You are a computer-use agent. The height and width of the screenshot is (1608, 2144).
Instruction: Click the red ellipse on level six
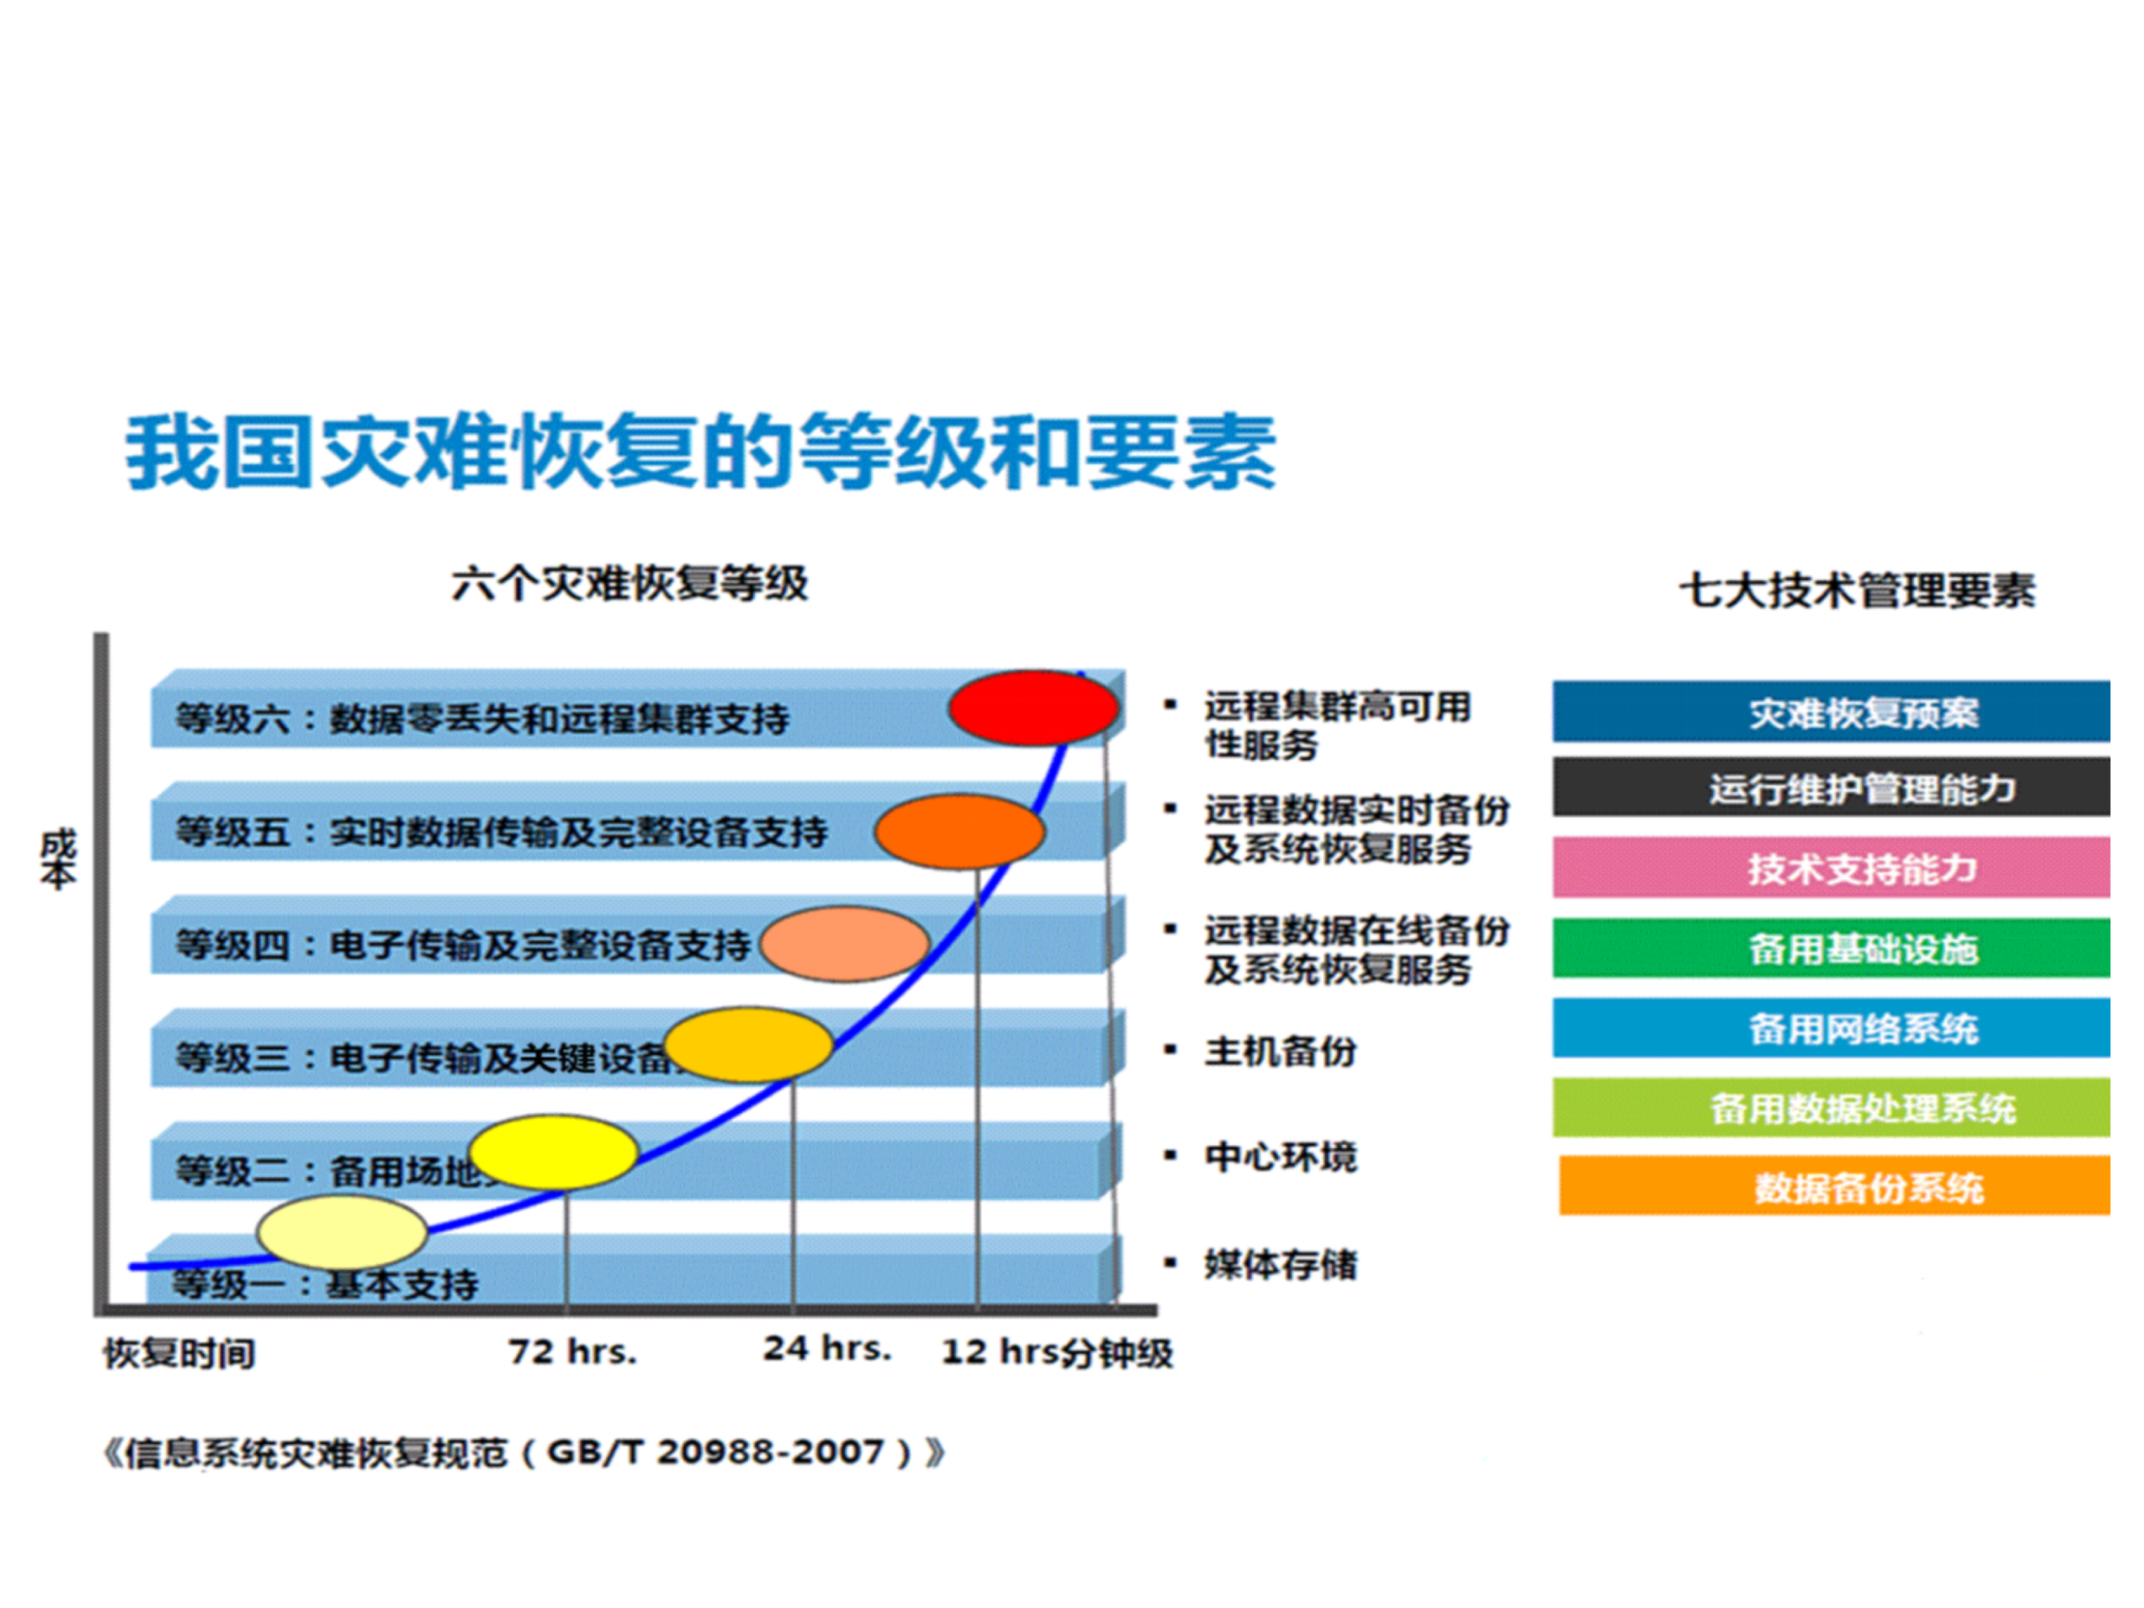point(1033,707)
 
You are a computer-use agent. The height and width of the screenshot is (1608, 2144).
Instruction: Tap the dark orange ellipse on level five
point(960,831)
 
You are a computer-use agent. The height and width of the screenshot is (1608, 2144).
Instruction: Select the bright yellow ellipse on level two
point(553,1152)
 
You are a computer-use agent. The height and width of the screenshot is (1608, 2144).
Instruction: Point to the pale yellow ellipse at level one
point(342,1231)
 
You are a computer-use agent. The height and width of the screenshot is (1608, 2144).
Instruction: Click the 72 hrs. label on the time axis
point(572,1351)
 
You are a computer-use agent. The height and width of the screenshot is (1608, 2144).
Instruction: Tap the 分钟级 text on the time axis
point(1116,1352)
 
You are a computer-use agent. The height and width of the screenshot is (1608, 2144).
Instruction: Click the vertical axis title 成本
point(57,859)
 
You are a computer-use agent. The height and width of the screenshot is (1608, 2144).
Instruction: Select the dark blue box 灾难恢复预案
point(1830,712)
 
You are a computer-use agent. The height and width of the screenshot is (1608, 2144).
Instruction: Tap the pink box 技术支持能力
point(1830,867)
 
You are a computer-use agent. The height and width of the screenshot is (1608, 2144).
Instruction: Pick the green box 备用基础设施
point(1830,948)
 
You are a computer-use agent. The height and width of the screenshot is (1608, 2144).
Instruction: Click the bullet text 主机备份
point(1280,1050)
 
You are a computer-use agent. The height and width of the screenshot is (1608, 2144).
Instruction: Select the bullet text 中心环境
point(1280,1156)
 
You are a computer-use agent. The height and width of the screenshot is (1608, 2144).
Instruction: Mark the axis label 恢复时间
point(179,1353)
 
